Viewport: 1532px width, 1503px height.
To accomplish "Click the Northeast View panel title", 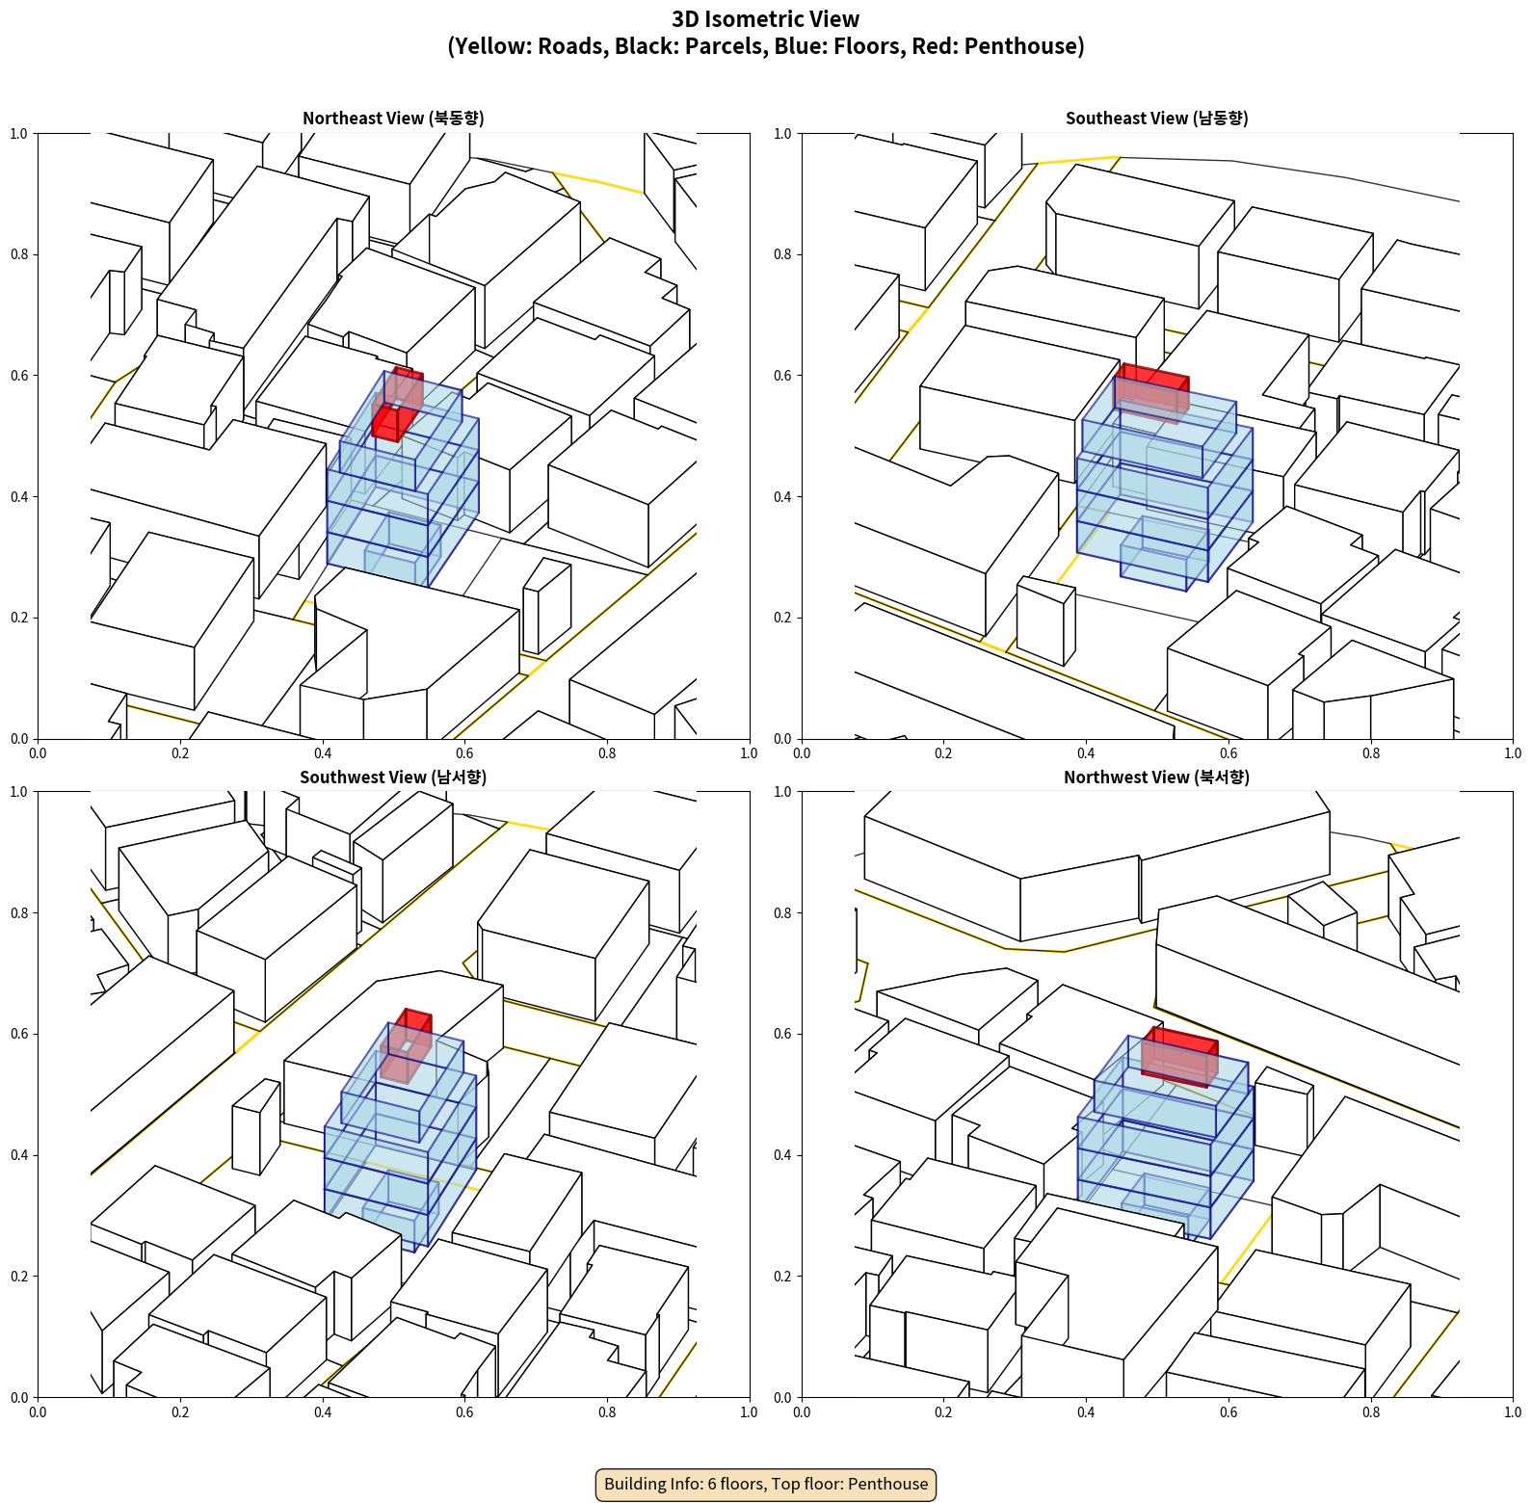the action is point(393,118).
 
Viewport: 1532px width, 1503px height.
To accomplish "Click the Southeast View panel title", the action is point(1156,118).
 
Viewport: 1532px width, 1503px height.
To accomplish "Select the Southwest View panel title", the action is point(393,777).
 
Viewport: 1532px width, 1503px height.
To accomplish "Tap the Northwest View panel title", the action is point(1156,777).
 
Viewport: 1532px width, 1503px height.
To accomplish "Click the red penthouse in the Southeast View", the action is point(1152,390).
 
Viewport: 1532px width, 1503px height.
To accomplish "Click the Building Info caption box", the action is point(766,1484).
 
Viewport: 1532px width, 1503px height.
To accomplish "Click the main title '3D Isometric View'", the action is point(766,19).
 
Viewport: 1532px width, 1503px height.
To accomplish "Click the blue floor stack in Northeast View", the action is point(403,482).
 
